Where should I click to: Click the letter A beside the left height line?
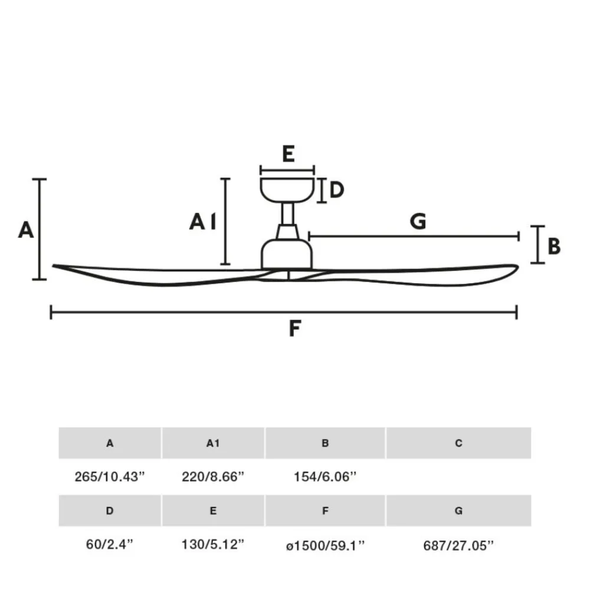pos(26,230)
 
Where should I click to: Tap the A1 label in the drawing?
pos(203,221)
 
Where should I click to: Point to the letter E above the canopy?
pos(289,153)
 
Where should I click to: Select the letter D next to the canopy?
pos(337,189)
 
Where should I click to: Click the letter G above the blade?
pos(418,221)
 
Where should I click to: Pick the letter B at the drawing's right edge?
pos(554,247)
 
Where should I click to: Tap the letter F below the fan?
pos(294,329)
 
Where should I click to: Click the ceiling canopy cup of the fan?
pos(287,190)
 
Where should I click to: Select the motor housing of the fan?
pos(287,254)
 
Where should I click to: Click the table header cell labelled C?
pos(458,443)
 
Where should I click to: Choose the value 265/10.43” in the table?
pos(110,477)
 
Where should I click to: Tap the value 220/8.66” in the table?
pos(213,477)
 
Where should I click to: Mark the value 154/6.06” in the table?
pos(324,477)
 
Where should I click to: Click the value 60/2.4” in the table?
pos(110,544)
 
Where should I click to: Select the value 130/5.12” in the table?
pos(213,544)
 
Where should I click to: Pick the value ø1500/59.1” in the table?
pos(325,545)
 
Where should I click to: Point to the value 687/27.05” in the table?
pos(458,545)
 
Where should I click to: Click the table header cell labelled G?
pos(458,510)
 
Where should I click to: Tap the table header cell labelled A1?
pos(213,443)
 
